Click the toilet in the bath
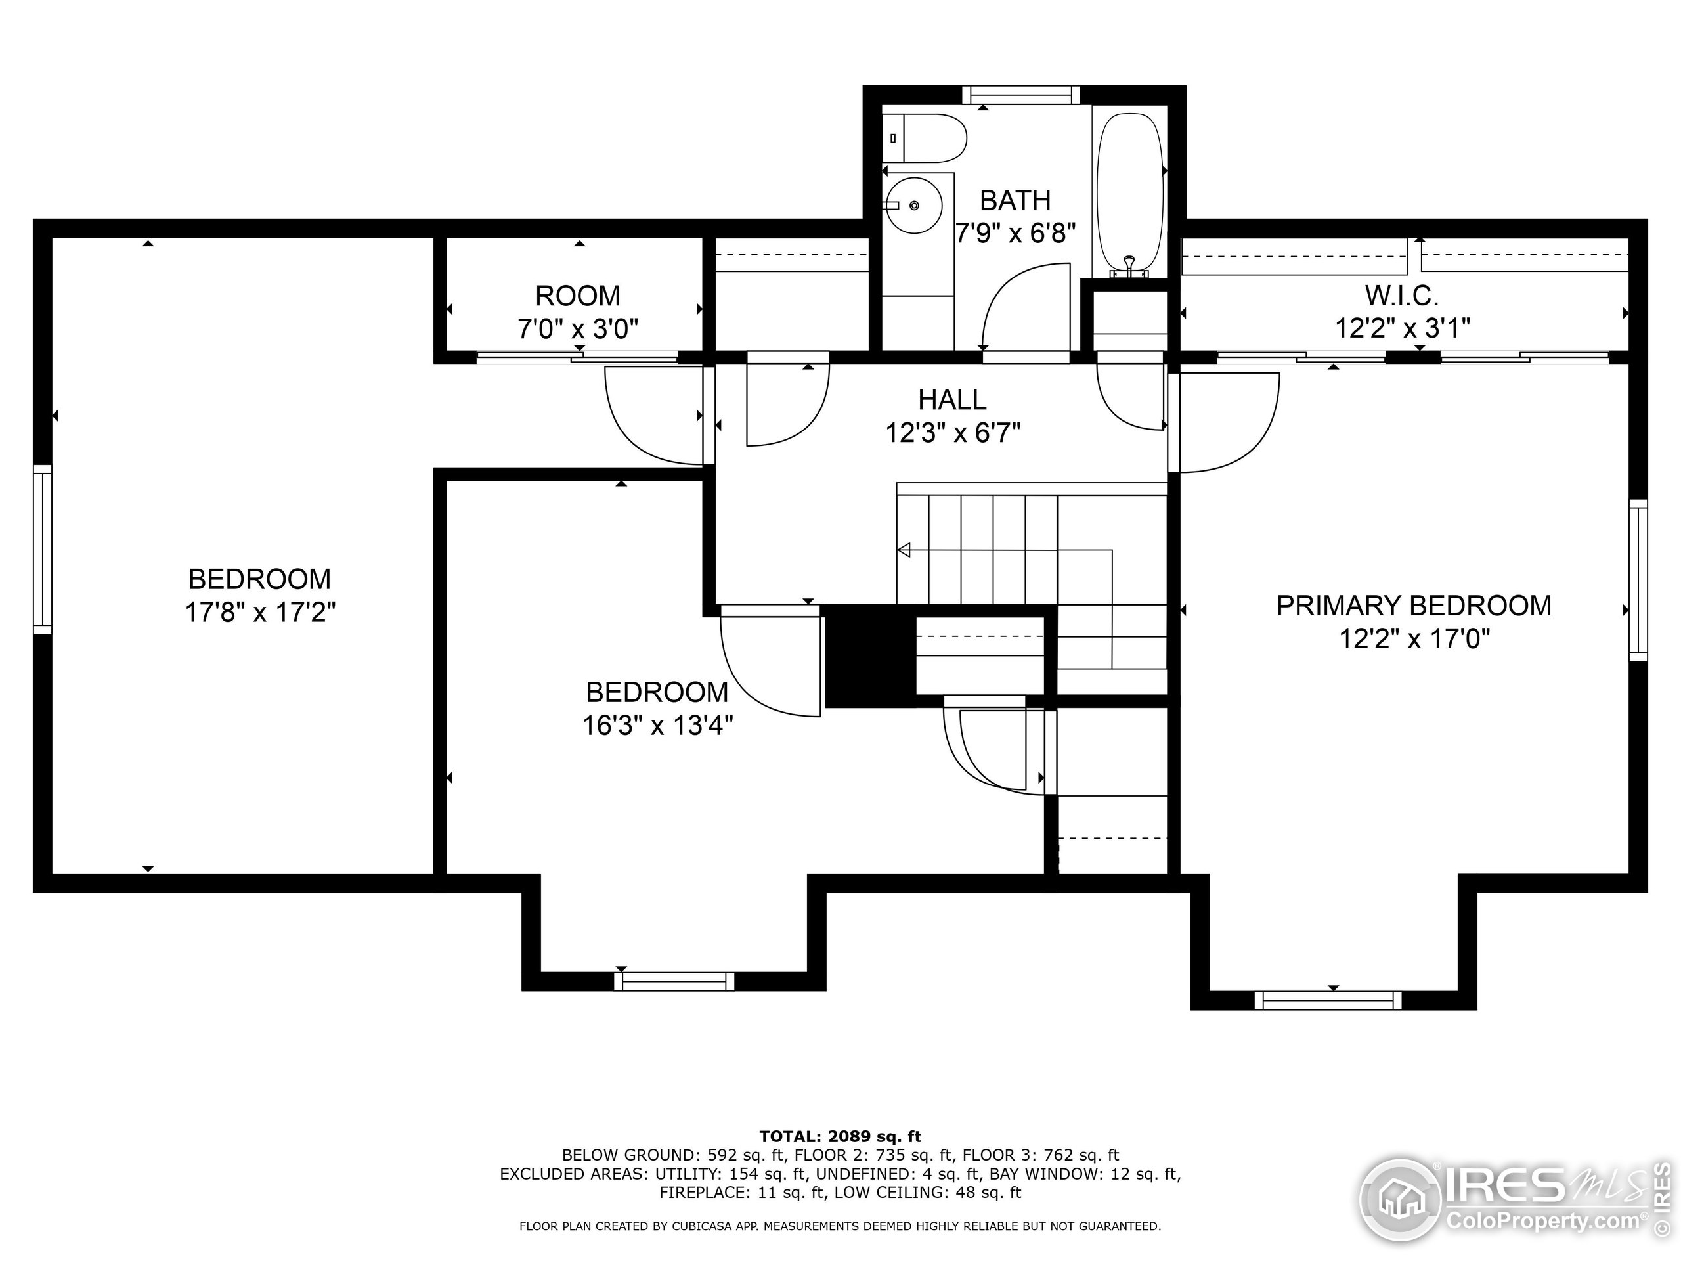(x=926, y=139)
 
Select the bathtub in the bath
(x=1130, y=194)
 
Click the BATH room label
(x=1015, y=201)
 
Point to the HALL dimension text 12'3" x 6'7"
(x=952, y=433)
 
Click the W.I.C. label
(x=1402, y=295)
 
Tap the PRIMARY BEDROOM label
(x=1414, y=606)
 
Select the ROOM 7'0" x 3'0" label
(x=578, y=313)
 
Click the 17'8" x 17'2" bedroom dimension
(x=260, y=612)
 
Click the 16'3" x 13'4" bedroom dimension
(x=657, y=726)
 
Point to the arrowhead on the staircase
(x=904, y=550)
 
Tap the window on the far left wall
(x=43, y=549)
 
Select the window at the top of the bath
(x=1020, y=95)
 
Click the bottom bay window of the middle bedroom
(x=674, y=981)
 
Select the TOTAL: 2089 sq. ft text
(x=840, y=1136)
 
